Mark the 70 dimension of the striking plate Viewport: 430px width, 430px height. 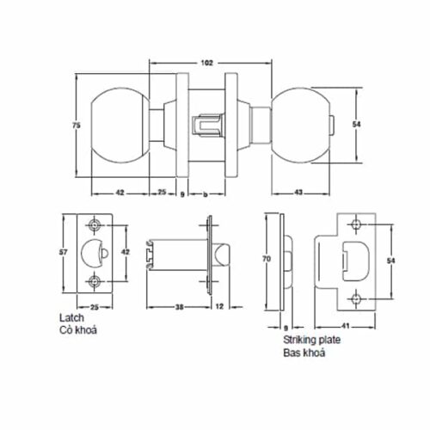267,258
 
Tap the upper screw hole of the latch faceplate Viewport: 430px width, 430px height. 95,225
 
